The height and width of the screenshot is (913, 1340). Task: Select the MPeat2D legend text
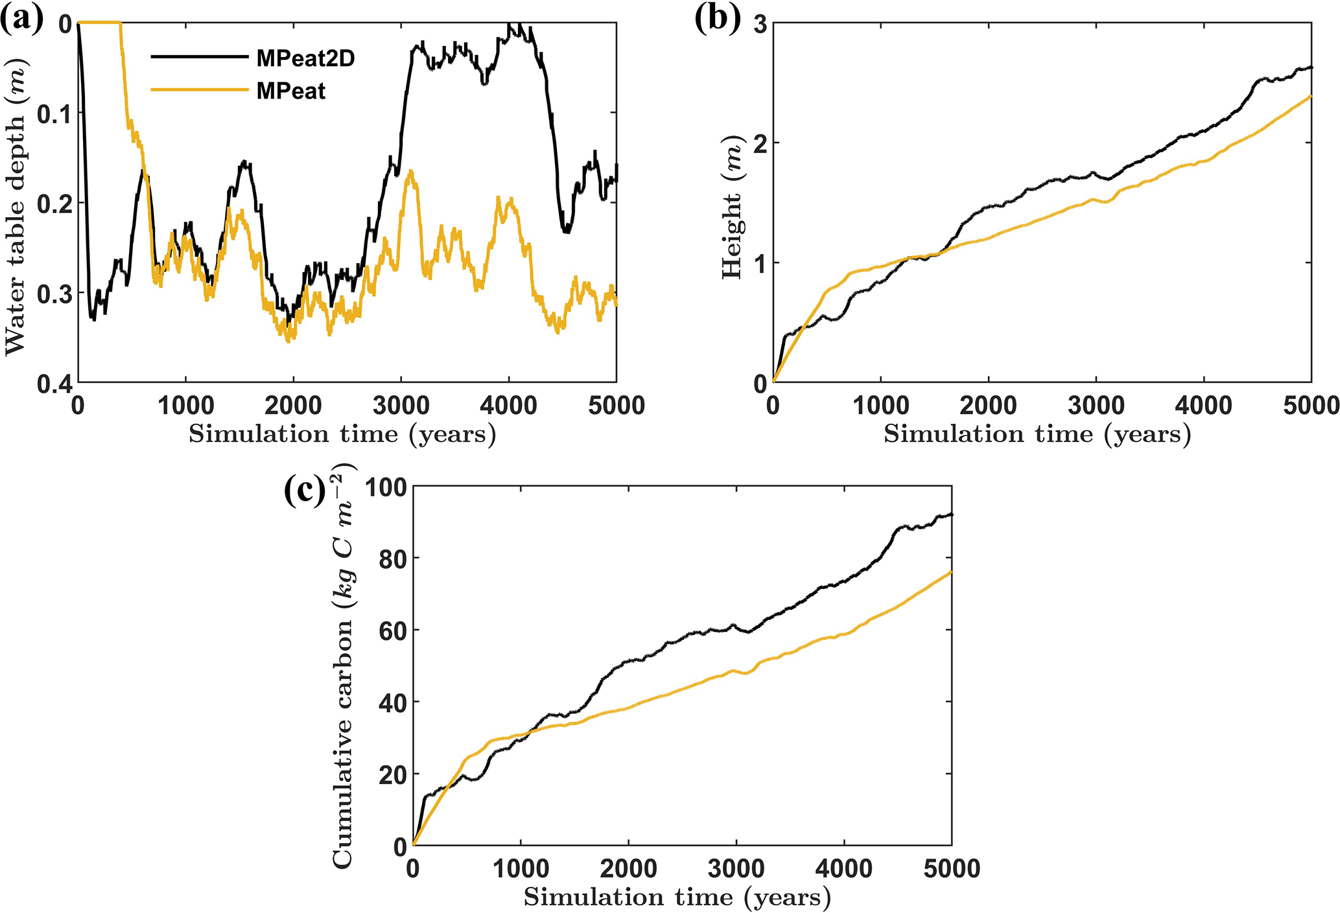coord(305,58)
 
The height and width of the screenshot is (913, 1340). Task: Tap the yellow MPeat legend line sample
coord(199,90)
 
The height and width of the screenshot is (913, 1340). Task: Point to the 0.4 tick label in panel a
coord(54,384)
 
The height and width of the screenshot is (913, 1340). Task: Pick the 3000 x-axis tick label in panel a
coord(401,406)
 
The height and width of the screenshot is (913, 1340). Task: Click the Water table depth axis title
coord(16,203)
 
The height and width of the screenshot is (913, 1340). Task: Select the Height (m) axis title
coord(733,207)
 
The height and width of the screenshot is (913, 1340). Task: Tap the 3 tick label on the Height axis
coord(760,24)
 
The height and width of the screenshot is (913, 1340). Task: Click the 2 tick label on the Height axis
coord(760,143)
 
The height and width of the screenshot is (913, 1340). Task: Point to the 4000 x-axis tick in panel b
coord(1204,406)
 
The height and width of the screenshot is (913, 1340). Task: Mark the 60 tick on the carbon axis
coord(392,630)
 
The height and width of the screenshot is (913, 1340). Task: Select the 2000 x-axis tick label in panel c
coord(628,869)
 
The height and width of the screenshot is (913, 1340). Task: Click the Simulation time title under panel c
coord(677,897)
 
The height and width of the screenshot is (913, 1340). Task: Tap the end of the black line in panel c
coord(951,514)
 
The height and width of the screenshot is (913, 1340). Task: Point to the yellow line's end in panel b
coord(1311,96)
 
